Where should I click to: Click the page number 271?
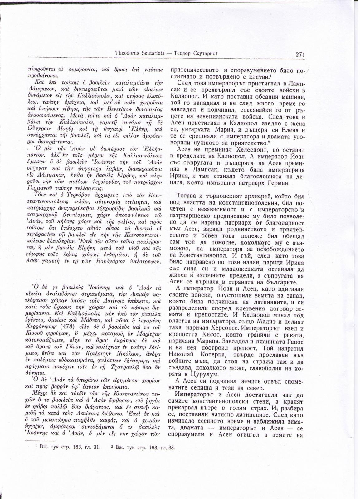coord(300,54)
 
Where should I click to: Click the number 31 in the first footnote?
coord(97,447)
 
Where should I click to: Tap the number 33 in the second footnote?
coord(171,447)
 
